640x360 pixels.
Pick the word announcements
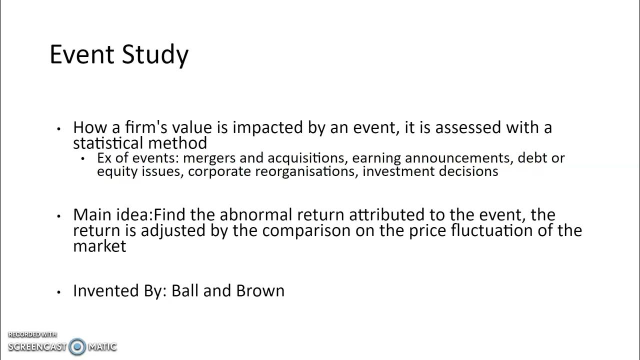pos(459,158)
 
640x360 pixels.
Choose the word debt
pos(532,158)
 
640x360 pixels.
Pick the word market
pos(99,246)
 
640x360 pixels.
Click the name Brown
pos(260,291)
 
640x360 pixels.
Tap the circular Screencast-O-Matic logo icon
pos(77,346)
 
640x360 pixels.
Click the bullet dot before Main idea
pos(59,216)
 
